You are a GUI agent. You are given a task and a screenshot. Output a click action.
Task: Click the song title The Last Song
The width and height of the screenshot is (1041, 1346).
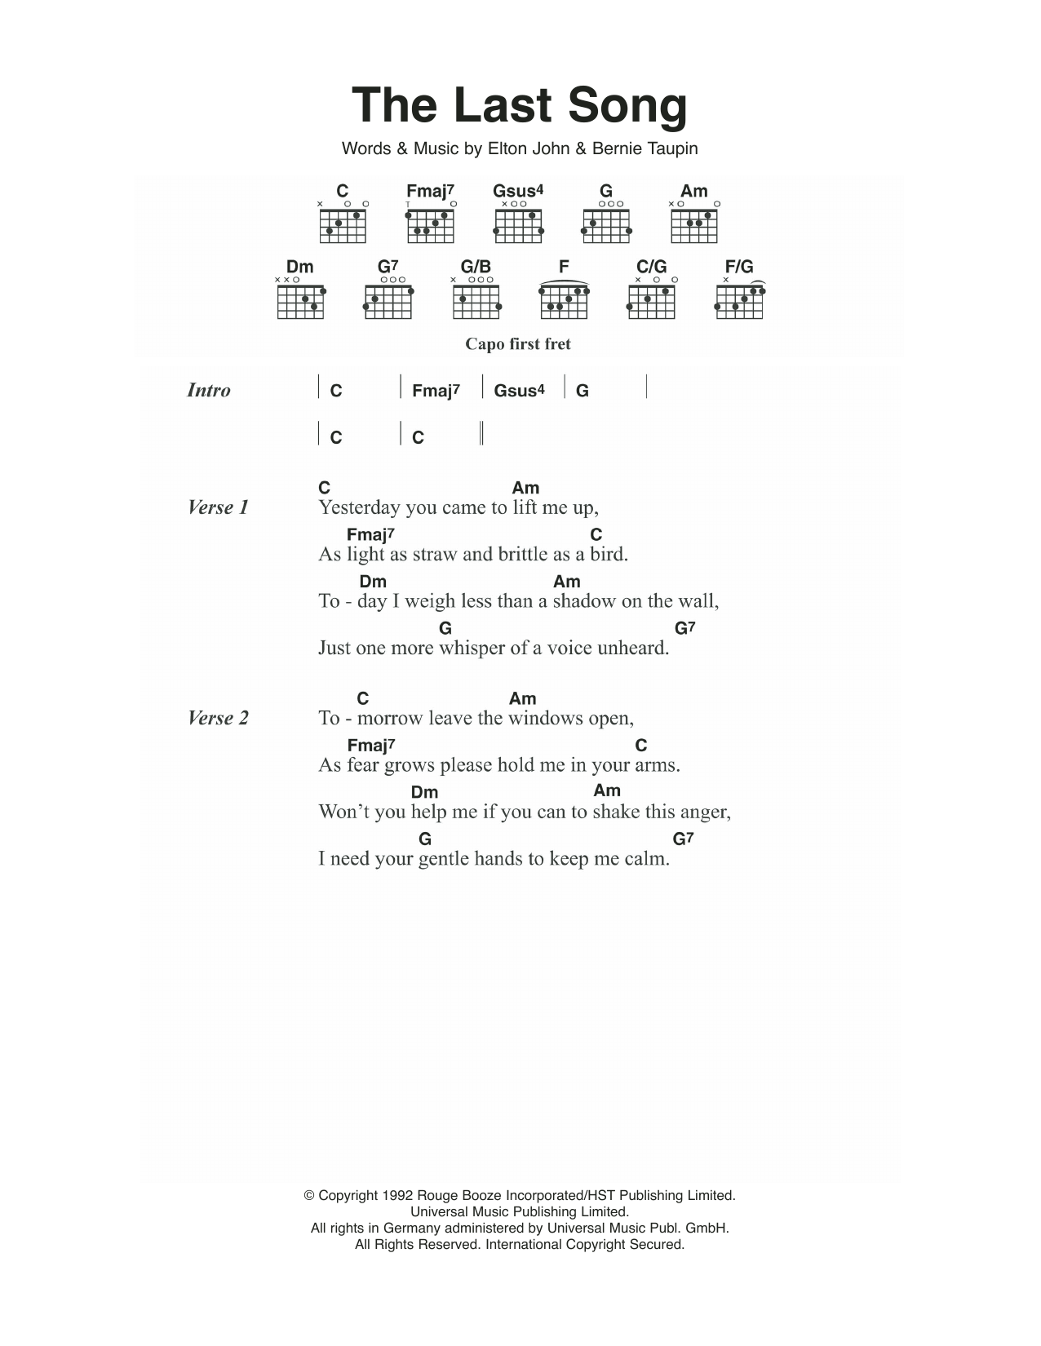click(520, 106)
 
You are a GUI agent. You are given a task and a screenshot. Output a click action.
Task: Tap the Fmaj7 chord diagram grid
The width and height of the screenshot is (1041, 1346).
click(431, 226)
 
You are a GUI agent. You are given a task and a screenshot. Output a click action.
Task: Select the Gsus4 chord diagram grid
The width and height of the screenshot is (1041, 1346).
click(519, 226)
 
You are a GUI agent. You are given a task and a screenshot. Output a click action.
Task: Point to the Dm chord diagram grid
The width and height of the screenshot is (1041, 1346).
click(300, 302)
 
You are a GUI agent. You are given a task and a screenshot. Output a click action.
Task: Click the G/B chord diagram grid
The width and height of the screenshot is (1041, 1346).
click(476, 302)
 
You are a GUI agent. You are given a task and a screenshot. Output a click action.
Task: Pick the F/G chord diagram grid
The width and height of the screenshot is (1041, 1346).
click(739, 302)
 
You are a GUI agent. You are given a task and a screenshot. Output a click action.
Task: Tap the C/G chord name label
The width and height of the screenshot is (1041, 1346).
click(651, 267)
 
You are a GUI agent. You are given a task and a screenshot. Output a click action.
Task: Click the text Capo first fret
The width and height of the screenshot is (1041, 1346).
click(518, 344)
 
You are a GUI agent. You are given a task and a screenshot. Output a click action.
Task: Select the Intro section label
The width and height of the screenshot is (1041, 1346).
click(209, 391)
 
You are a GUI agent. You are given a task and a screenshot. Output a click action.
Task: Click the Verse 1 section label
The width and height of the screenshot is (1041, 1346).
click(218, 507)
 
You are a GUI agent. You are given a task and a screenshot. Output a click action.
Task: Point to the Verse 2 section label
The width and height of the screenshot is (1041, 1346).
click(218, 718)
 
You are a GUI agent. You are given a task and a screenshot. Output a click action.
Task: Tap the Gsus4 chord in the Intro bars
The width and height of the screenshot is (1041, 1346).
click(519, 391)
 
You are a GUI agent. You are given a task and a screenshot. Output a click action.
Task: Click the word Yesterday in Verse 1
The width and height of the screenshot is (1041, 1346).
click(359, 508)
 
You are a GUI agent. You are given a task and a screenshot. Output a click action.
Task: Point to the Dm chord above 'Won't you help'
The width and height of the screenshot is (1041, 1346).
click(424, 792)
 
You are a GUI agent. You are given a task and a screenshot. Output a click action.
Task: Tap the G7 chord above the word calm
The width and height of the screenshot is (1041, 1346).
click(684, 839)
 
